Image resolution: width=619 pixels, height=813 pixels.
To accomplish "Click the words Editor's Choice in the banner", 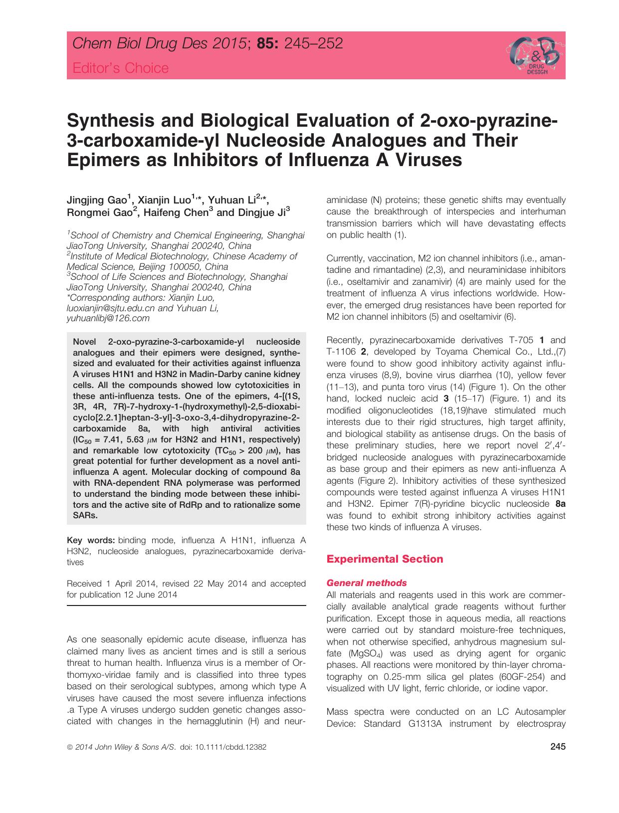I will coord(121,68).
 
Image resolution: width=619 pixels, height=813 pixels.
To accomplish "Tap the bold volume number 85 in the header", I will coord(267,44).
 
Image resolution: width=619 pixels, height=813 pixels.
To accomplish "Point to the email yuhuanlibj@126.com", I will coord(108,318).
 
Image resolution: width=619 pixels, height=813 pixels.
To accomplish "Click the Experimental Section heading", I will coord(384,559).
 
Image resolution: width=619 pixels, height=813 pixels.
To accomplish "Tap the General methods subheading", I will coord(366,583).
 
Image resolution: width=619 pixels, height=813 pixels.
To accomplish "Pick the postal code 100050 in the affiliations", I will coord(188,266).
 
